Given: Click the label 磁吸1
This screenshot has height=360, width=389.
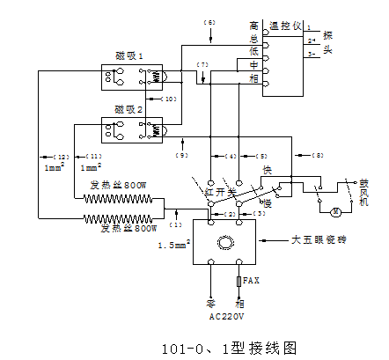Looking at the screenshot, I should pyautogui.click(x=129, y=55).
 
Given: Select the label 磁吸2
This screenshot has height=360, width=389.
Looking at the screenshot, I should pyautogui.click(x=129, y=110).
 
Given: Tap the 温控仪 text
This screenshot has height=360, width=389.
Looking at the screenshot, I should pyautogui.click(x=284, y=26).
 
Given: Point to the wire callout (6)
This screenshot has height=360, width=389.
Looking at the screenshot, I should pyautogui.click(x=209, y=20).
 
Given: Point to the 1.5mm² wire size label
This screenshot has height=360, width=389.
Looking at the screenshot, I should pyautogui.click(x=172, y=246).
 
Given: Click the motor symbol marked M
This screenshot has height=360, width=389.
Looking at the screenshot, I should pyautogui.click(x=334, y=212).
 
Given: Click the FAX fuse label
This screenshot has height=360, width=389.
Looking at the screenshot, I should pyautogui.click(x=251, y=280).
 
